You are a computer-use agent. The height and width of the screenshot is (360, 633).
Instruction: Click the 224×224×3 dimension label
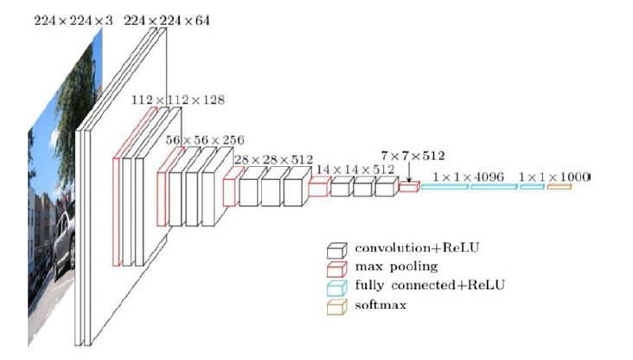67,19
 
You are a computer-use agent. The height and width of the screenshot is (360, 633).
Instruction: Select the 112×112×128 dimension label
178,100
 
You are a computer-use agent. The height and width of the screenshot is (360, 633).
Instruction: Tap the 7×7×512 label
412,156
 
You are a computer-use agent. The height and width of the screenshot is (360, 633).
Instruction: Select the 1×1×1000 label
553,177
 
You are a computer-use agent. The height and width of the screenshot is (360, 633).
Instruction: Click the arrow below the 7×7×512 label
407,173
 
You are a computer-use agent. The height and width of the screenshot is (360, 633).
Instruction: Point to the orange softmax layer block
559,186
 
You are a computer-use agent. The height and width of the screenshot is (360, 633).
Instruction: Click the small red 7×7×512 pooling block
408,186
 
